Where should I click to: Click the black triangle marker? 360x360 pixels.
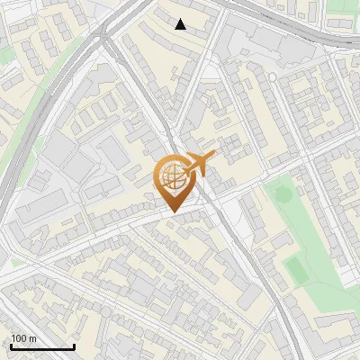click(x=181, y=24)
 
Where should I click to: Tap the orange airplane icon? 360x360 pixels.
click(x=200, y=165)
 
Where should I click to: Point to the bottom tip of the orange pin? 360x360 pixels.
click(x=172, y=211)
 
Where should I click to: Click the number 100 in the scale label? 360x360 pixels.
click(x=18, y=338)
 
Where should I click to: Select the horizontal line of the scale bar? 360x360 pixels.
click(x=41, y=347)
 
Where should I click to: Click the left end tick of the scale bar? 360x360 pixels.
click(x=10, y=346)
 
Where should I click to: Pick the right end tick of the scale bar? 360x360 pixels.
click(x=74, y=346)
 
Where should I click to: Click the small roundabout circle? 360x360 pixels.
click(x=273, y=77)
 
